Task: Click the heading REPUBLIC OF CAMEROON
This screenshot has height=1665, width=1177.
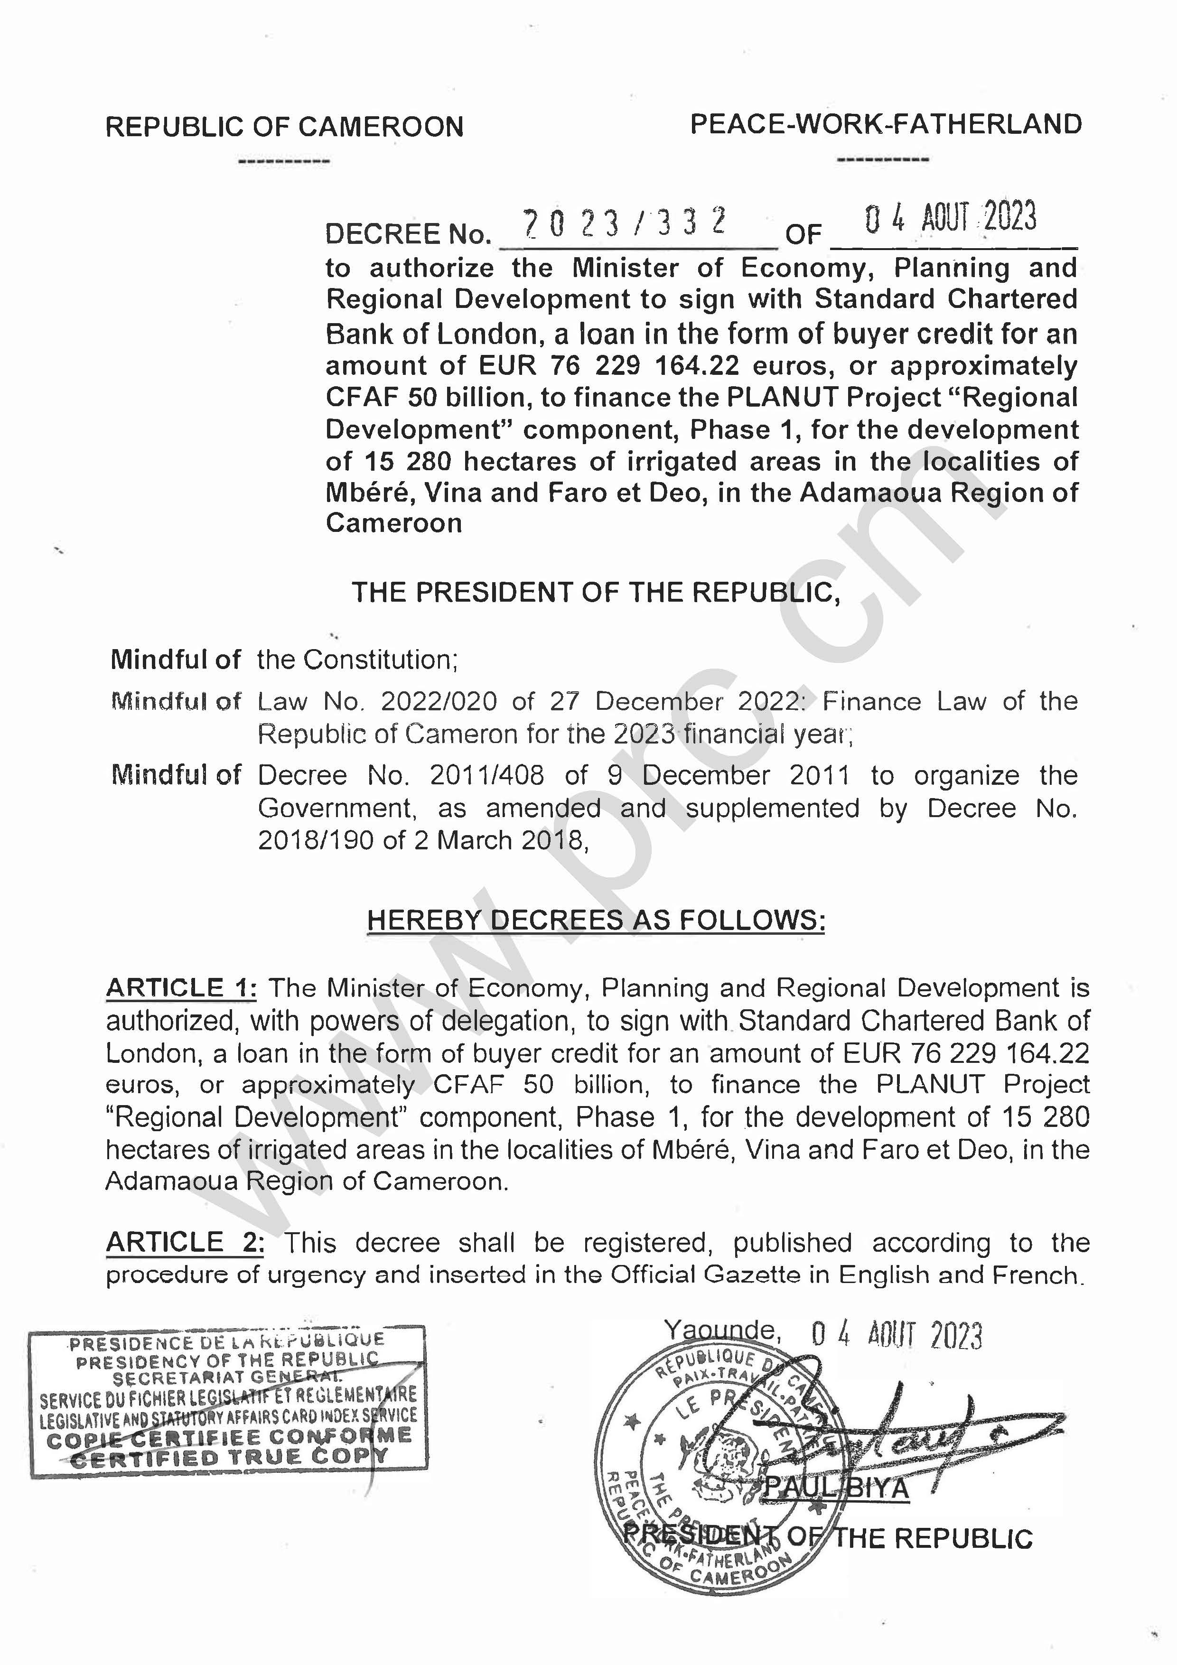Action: (x=284, y=127)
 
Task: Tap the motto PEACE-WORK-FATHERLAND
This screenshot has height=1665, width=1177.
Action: (x=886, y=125)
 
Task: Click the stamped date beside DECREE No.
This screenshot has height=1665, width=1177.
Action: (x=950, y=218)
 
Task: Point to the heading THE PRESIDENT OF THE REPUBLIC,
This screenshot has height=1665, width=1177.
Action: (x=596, y=593)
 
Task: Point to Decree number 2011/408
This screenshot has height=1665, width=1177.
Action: (x=486, y=775)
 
